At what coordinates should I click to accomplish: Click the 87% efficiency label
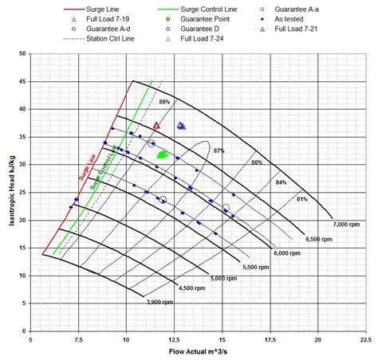219,150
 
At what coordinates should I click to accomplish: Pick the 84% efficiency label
281,182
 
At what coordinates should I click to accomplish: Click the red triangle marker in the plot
156,125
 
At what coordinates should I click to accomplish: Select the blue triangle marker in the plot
181,126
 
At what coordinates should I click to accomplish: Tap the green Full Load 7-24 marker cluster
163,155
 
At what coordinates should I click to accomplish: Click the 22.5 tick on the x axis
364,339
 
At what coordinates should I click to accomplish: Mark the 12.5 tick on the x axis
174,339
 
